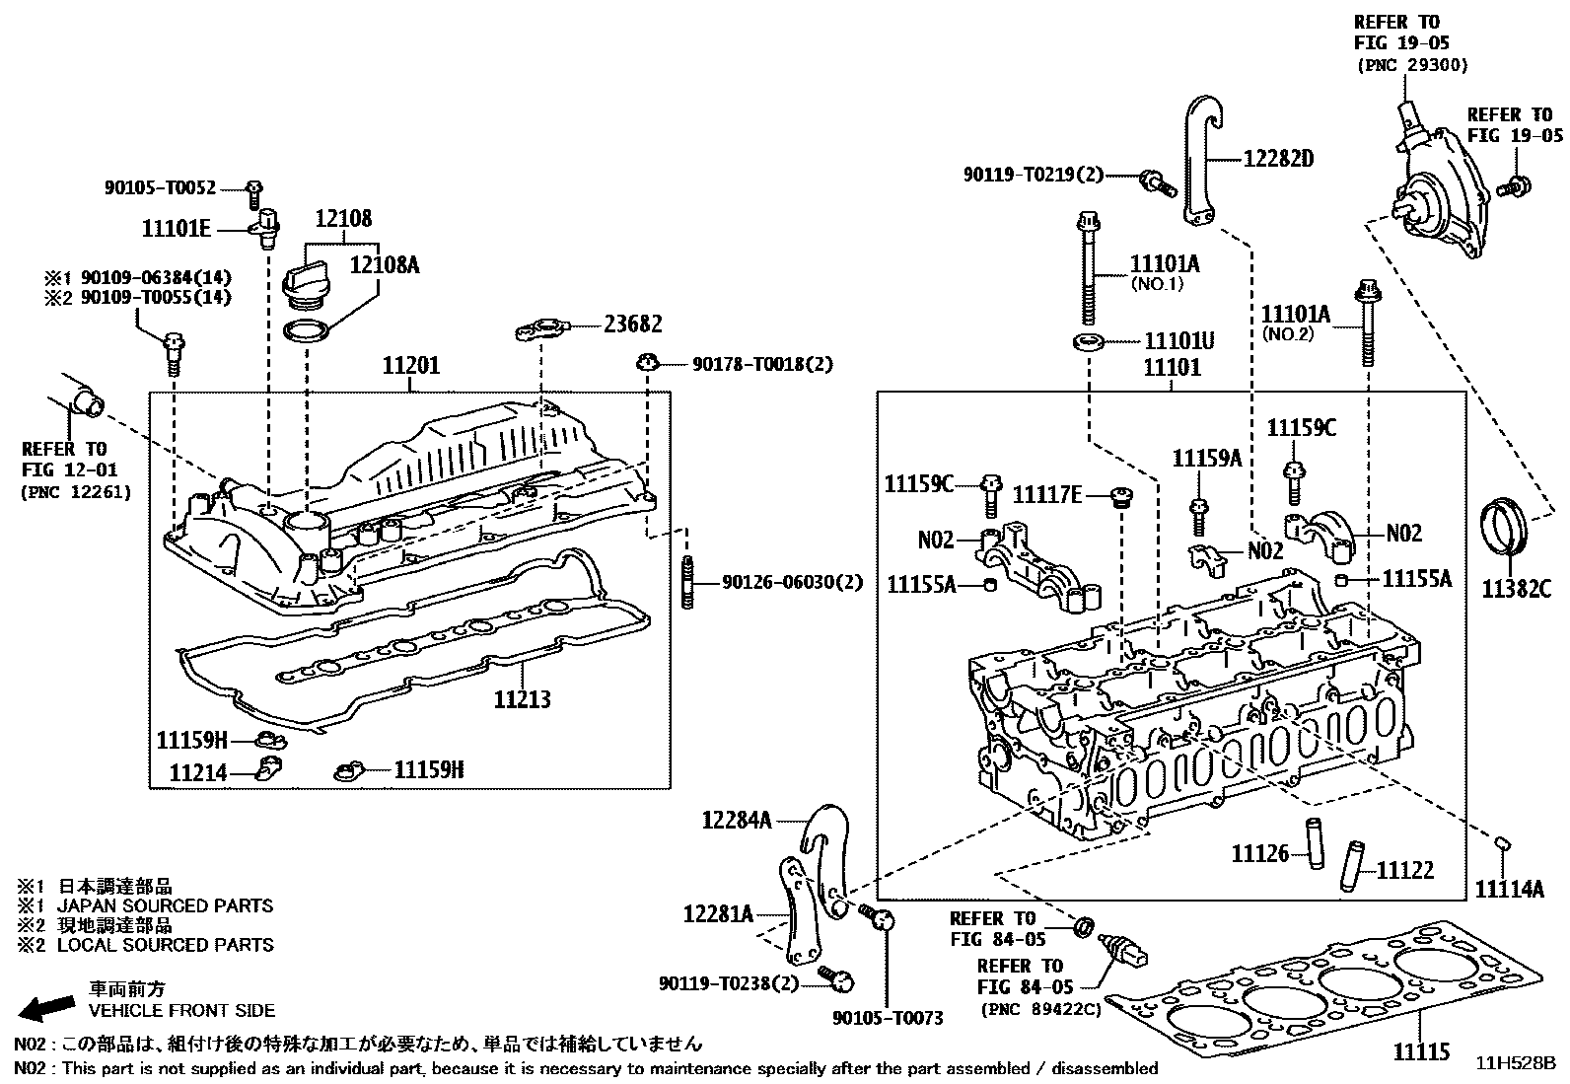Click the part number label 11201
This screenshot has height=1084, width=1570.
pyautogui.click(x=411, y=367)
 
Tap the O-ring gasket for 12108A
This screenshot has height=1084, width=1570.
pyautogui.click(x=307, y=330)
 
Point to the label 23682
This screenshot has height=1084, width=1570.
pyautogui.click(x=633, y=324)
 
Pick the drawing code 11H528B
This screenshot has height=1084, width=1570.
pyautogui.click(x=1515, y=1063)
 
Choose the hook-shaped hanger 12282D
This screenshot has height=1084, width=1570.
pyautogui.click(x=1198, y=158)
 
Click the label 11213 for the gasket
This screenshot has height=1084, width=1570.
pyautogui.click(x=523, y=699)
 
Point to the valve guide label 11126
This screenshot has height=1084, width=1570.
pyautogui.click(x=1259, y=853)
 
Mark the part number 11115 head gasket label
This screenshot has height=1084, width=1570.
pyautogui.click(x=1421, y=1052)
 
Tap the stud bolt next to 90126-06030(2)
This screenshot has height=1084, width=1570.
pyautogui.click(x=686, y=582)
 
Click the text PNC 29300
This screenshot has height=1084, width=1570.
pyautogui.click(x=1412, y=65)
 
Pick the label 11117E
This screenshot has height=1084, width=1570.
pyautogui.click(x=1047, y=494)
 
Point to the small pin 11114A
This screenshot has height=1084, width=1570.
pyautogui.click(x=1504, y=842)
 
